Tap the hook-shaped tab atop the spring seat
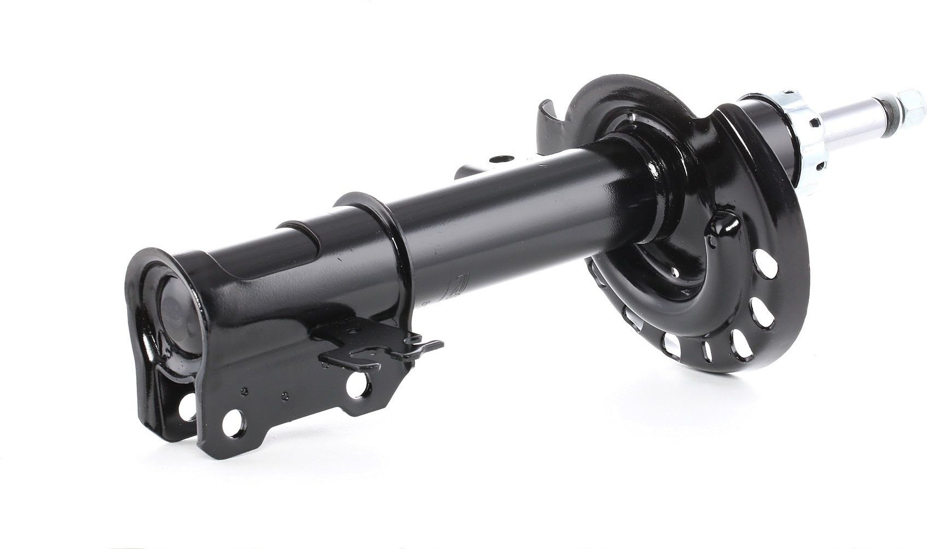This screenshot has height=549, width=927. pos(550,121)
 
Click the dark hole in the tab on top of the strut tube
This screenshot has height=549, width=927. pos(497,160)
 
